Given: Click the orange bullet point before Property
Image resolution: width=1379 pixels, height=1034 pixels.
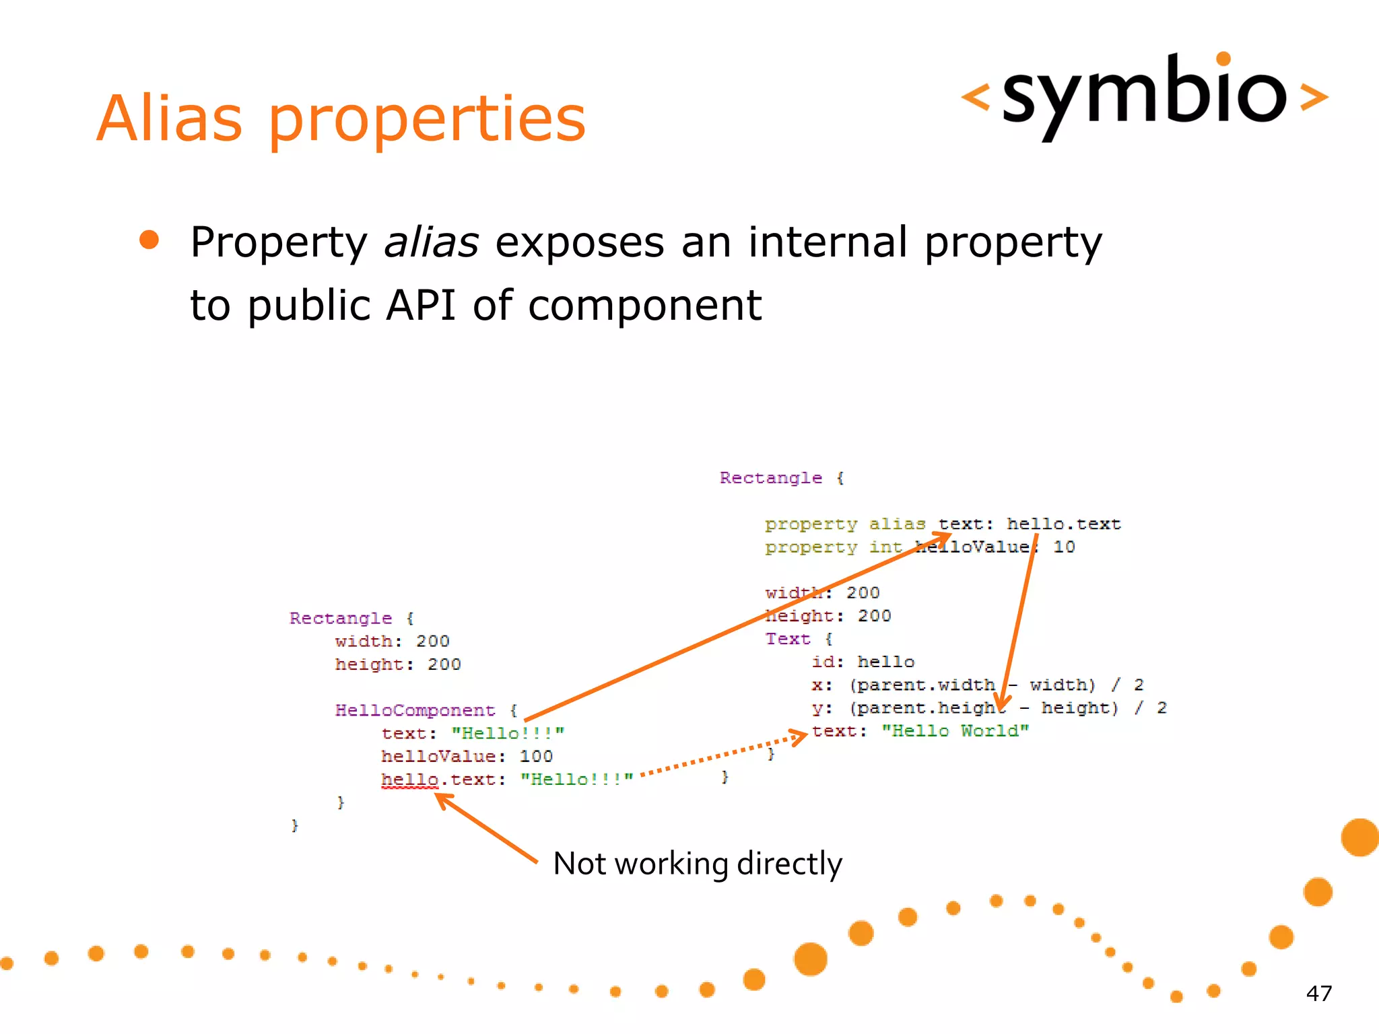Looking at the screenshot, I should click(x=149, y=240).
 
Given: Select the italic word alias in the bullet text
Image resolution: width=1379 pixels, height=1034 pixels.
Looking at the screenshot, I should click(x=431, y=242).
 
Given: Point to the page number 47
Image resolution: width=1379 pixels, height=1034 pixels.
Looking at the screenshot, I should click(x=1318, y=994).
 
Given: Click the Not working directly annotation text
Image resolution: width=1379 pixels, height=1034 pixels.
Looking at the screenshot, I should click(x=697, y=864).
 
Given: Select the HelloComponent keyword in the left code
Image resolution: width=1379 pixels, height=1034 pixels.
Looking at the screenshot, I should click(x=415, y=710).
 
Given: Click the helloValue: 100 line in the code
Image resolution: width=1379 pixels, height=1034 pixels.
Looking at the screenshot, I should click(x=467, y=757).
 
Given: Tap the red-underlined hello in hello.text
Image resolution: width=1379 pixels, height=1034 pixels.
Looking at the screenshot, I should click(x=409, y=780).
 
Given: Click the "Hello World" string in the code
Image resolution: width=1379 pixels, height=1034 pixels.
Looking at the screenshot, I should click(x=955, y=731).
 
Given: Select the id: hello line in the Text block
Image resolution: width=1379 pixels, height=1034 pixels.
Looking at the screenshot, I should click(x=863, y=662).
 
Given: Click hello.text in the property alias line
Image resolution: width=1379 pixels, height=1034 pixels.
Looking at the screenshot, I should click(x=1064, y=524).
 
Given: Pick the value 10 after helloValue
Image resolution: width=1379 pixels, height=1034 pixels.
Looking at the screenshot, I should click(x=1064, y=547).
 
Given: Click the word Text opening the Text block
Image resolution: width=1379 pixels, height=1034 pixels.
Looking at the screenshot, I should click(x=787, y=639).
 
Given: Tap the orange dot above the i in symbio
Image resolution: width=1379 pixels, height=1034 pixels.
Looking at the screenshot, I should click(x=1223, y=59).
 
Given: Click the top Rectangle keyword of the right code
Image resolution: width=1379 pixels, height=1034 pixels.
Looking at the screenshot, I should click(x=771, y=478).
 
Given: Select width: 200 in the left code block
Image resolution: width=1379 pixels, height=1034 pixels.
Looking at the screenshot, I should click(x=392, y=641).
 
